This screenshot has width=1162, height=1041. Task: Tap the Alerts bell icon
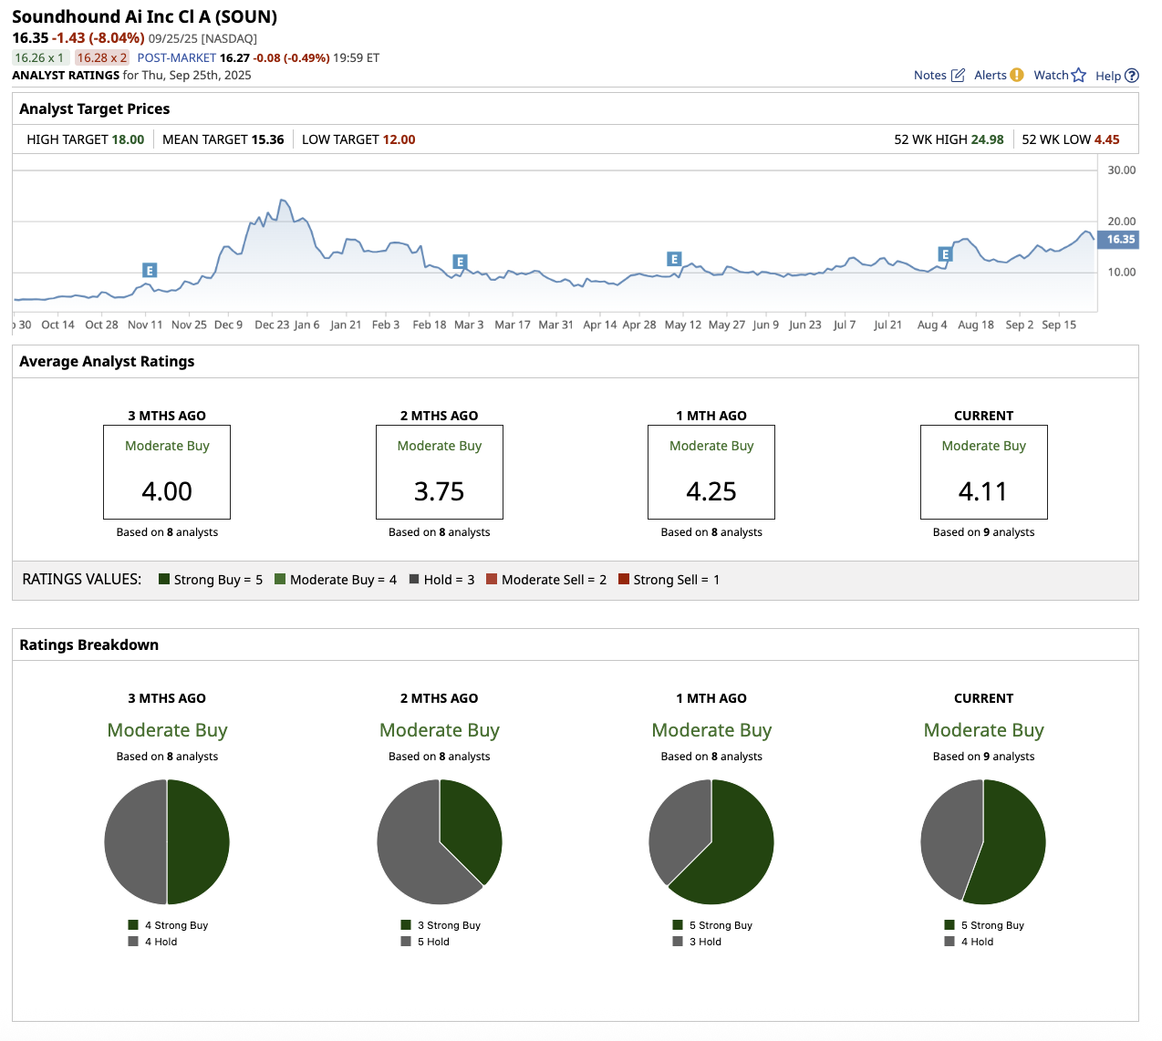tap(1016, 75)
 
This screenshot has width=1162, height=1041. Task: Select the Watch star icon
tap(1078, 76)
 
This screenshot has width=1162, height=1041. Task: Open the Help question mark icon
tap(1132, 76)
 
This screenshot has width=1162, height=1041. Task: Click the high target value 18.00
tap(128, 139)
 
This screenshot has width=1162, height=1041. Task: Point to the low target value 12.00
tap(399, 139)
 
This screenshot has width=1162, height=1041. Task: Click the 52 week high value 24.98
tap(987, 139)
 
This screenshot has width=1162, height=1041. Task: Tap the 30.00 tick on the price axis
tap(1121, 170)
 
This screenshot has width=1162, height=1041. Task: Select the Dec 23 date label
tap(272, 325)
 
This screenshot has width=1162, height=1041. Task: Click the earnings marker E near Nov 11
tap(150, 271)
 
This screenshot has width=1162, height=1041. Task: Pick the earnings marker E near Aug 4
tap(945, 254)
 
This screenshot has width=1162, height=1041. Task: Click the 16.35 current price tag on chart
tap(1121, 240)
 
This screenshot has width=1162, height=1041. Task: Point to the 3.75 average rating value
tap(439, 491)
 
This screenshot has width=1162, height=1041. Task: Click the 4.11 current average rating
tap(983, 491)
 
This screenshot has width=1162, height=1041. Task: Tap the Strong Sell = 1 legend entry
tap(669, 580)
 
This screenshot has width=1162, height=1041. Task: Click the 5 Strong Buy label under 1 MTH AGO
tap(720, 925)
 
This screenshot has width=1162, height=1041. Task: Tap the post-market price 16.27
tap(234, 57)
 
